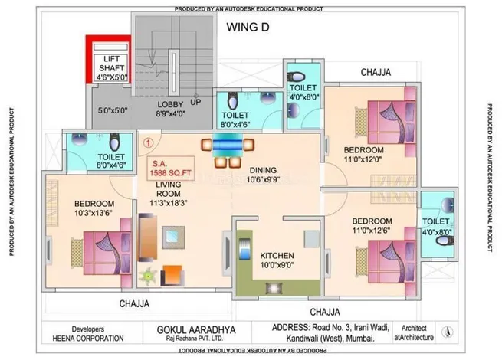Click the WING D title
(248, 27)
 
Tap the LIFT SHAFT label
(111, 64)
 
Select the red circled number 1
(148, 142)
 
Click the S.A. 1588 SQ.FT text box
(171, 169)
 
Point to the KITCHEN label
(277, 256)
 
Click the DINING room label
(263, 170)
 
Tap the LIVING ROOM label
(169, 189)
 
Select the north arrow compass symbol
(448, 332)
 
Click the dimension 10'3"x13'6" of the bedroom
(94, 213)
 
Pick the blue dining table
(228, 145)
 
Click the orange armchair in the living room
(172, 275)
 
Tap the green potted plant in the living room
(148, 276)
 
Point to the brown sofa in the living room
(148, 237)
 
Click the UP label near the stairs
(195, 102)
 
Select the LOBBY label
(170, 104)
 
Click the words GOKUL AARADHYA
(196, 330)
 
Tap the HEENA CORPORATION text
(88, 339)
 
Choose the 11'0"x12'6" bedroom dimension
(372, 230)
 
